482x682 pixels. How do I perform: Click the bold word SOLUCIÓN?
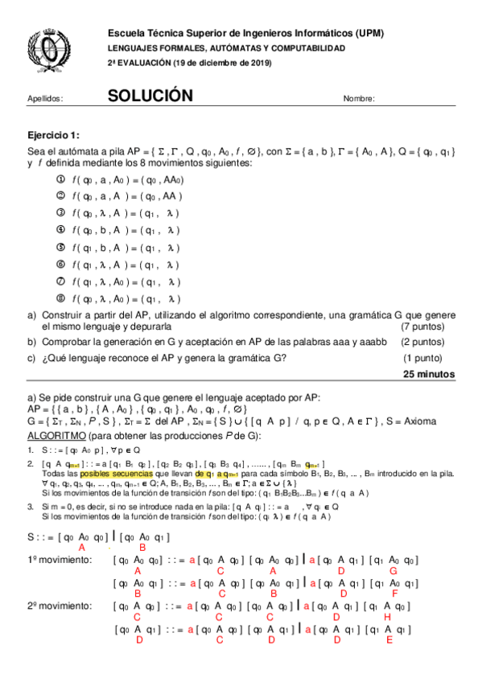[150, 96]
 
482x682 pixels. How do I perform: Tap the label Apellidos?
[45, 99]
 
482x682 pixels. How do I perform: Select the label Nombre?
[359, 99]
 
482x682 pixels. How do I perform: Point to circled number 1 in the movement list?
[60, 179]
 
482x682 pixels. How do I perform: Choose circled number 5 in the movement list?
[60, 247]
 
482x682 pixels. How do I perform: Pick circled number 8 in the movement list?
[60, 298]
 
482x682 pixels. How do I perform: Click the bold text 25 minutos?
[428, 374]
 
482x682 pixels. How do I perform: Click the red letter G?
[392, 570]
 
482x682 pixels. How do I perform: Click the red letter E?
[389, 640]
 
